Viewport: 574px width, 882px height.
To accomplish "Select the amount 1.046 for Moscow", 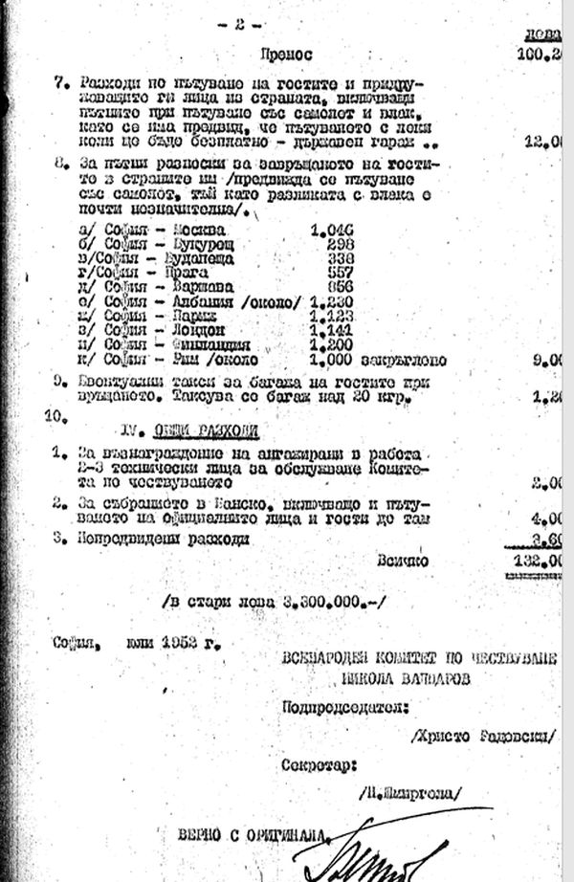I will coord(332,231).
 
